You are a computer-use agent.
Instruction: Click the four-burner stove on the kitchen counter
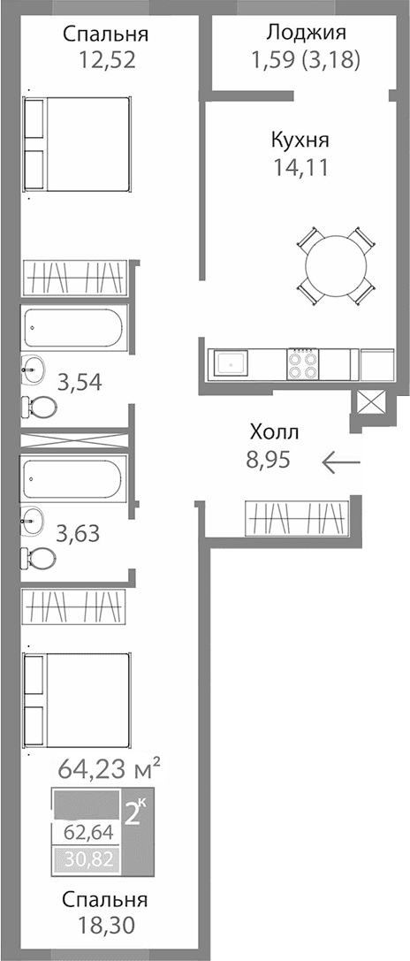302,364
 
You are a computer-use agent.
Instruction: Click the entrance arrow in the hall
341,461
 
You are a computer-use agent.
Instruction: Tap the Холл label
275,432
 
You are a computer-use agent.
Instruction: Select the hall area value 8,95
269,459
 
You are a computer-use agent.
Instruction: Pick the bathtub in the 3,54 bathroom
74,329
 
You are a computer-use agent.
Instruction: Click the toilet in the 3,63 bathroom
37,559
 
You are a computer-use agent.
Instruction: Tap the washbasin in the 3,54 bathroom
34,368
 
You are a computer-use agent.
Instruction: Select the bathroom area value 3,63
78,533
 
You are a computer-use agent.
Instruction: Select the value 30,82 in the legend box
86,858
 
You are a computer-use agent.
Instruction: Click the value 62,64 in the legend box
86,832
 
